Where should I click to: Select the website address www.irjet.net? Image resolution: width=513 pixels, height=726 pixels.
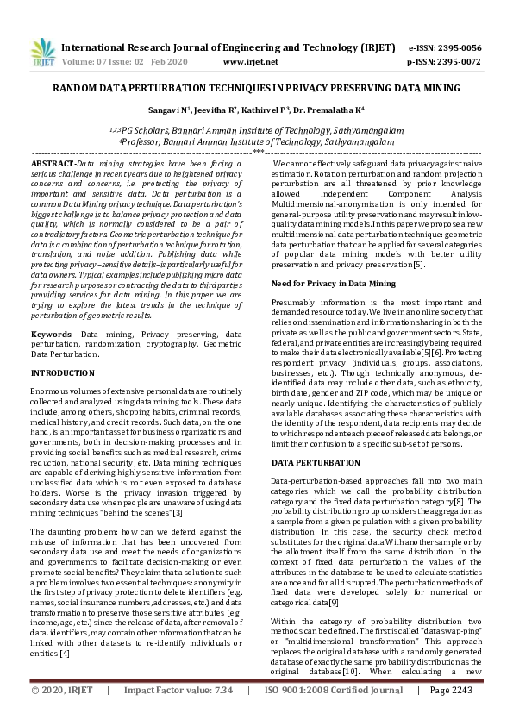coord(250,62)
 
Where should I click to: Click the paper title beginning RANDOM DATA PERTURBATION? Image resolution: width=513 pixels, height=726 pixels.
coord(256,88)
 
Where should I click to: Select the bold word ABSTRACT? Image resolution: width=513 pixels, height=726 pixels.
coord(52,163)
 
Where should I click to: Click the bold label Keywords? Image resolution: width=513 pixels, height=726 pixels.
coord(52,333)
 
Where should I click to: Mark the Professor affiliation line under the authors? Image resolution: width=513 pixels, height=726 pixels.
coord(256,140)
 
